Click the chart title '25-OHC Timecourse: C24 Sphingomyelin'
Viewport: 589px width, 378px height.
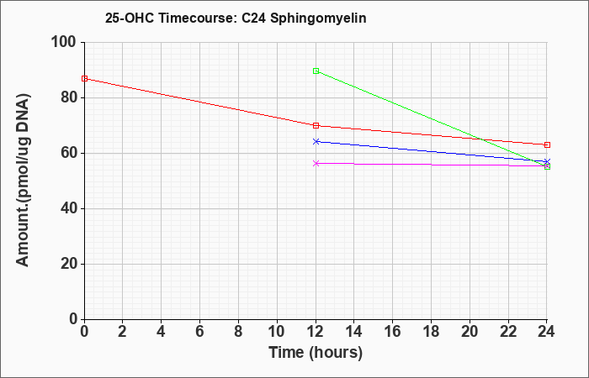(236, 18)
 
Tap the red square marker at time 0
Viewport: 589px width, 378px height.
(84, 79)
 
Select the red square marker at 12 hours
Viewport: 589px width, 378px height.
(316, 126)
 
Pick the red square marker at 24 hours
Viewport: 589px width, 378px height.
(547, 144)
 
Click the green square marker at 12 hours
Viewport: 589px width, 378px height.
(316, 71)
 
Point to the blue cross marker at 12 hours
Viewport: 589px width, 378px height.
(316, 141)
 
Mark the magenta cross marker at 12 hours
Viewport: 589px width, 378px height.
(316, 163)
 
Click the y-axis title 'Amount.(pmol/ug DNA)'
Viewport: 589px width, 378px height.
(23, 181)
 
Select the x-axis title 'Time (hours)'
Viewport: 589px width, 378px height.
(316, 353)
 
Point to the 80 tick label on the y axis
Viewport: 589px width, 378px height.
(68, 97)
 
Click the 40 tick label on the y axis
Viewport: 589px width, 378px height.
(68, 208)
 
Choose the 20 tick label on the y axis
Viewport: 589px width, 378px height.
(68, 264)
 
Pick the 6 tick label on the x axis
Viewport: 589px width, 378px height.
(200, 332)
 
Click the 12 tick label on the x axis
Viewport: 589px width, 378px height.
(316, 332)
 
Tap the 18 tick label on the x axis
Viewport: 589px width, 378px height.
(431, 332)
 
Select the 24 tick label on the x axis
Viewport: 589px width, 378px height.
(547, 332)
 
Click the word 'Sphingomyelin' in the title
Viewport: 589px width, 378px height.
(318, 18)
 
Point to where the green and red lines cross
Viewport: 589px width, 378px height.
(481, 139)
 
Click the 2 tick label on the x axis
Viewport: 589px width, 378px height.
(123, 332)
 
